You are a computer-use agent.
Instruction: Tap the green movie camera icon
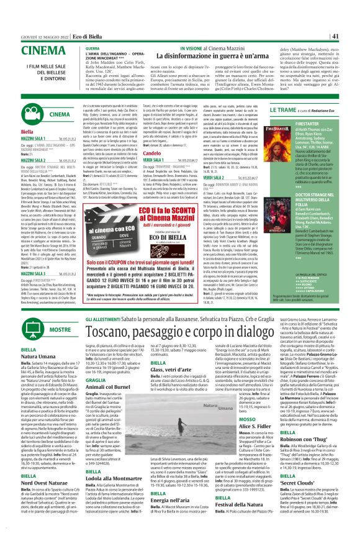(16, 115)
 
